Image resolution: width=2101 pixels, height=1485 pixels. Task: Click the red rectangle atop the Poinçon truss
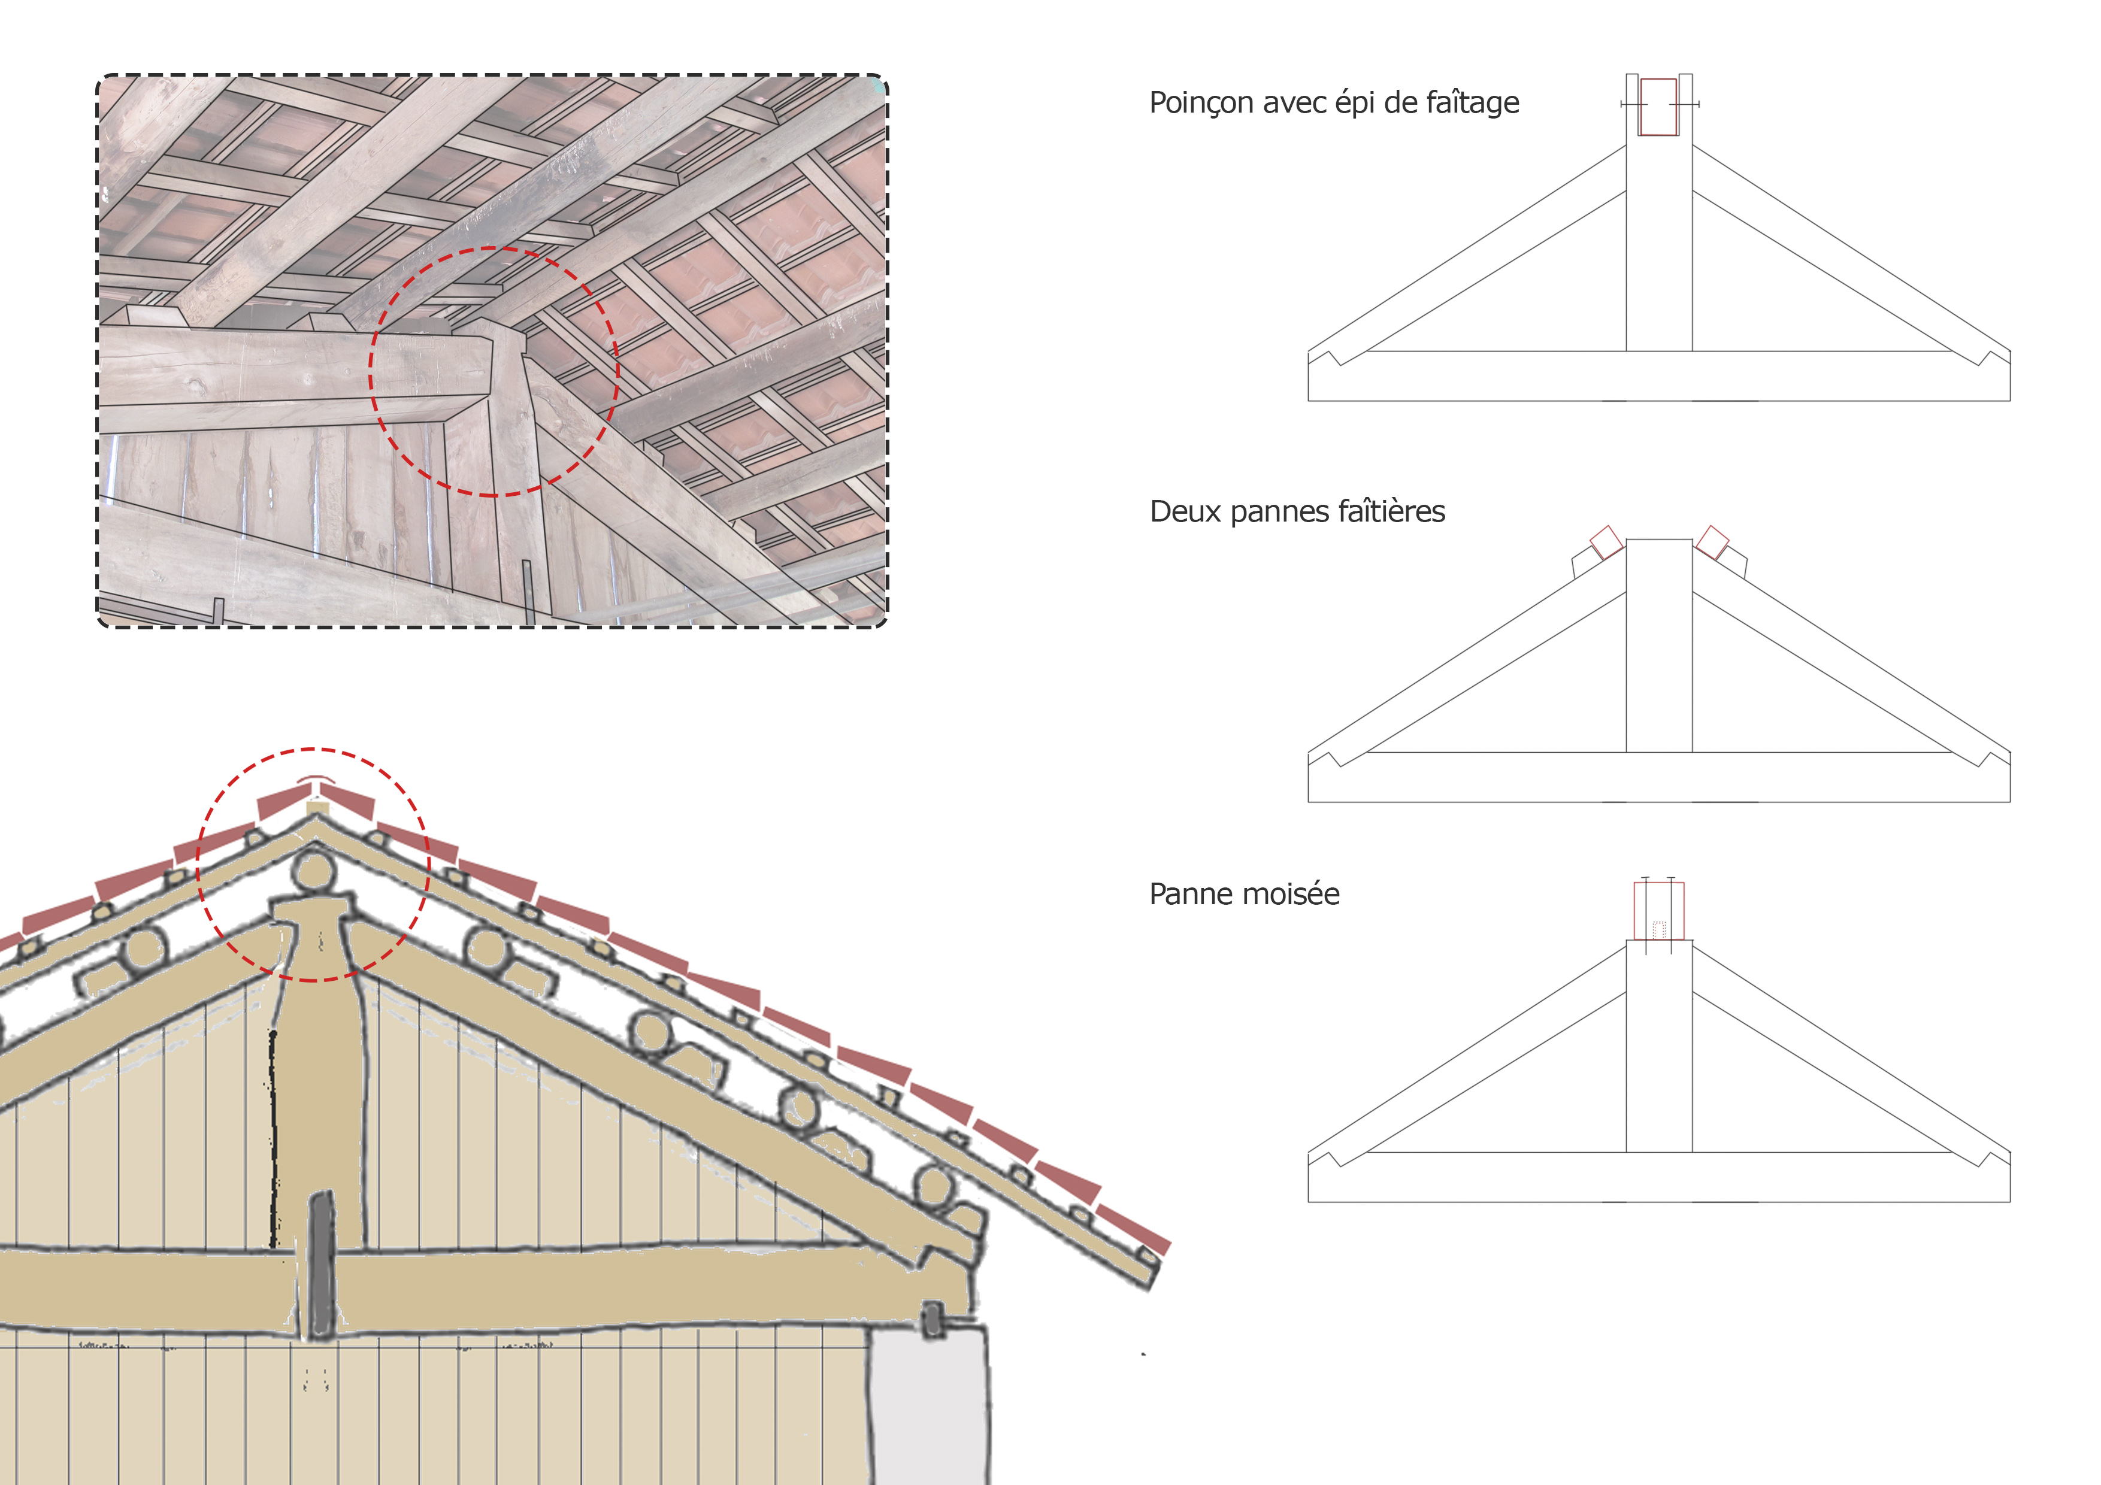[x=1658, y=107]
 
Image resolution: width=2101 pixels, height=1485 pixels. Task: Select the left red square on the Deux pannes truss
[x=1606, y=543]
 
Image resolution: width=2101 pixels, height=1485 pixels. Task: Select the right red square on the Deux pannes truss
[x=1712, y=543]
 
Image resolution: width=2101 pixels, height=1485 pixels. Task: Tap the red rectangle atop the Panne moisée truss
[x=1658, y=911]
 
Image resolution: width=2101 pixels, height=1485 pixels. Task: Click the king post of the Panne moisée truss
[x=1658, y=1046]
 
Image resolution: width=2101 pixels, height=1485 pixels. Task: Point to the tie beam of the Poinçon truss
[x=1658, y=376]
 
